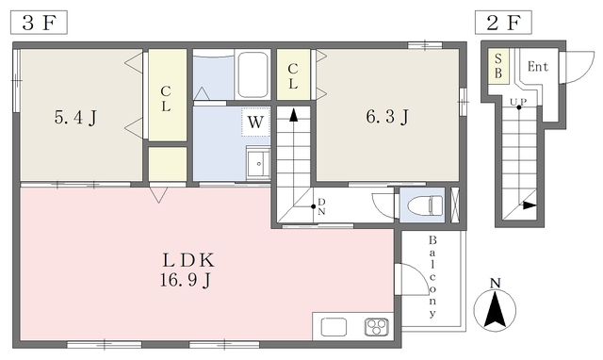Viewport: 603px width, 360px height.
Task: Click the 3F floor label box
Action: [39, 23]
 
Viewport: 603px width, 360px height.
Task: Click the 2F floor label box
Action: [503, 23]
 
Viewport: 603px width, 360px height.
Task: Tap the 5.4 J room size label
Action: [75, 117]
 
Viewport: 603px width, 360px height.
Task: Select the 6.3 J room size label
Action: [387, 117]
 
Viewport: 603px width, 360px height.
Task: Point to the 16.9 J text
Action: [186, 280]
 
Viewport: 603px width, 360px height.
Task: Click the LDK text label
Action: [188, 261]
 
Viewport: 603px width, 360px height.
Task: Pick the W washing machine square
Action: [255, 123]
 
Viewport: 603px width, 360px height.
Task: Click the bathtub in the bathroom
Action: [253, 74]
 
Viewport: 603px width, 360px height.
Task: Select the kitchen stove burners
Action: [377, 327]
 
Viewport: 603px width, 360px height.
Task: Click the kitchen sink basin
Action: [334, 327]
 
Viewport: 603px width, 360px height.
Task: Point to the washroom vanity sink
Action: [258, 164]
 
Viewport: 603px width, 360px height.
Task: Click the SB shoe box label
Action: [498, 66]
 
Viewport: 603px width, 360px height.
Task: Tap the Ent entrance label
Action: [538, 67]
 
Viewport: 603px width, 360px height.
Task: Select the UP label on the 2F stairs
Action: [518, 102]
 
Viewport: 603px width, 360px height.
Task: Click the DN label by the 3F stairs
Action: [321, 206]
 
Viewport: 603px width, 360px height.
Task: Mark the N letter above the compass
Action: [495, 284]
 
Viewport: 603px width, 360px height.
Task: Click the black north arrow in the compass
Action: [495, 310]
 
